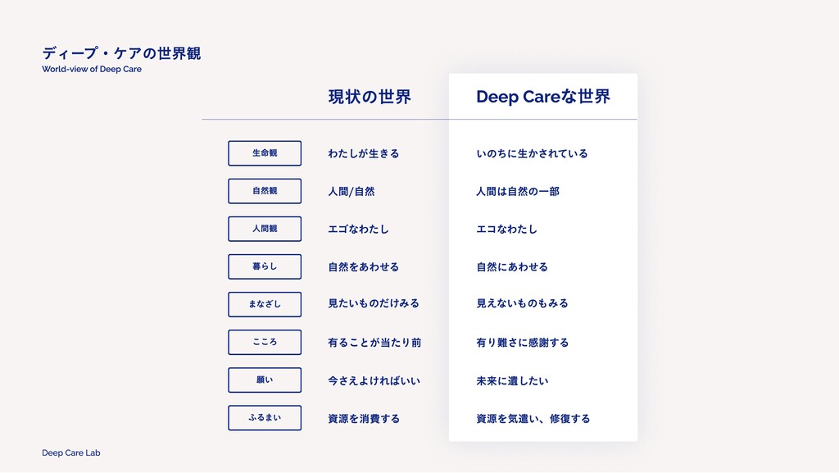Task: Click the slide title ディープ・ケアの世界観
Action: click(x=121, y=53)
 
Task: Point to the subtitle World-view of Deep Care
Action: click(x=92, y=70)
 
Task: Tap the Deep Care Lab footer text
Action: click(x=71, y=453)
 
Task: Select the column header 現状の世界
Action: click(x=369, y=97)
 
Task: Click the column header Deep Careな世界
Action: click(x=542, y=97)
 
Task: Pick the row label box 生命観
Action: click(x=265, y=153)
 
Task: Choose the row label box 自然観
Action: click(x=265, y=191)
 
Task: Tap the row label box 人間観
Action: click(x=265, y=229)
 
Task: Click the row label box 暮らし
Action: click(x=265, y=266)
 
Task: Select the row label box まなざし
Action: click(x=265, y=304)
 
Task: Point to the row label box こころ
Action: click(x=265, y=342)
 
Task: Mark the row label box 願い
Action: click(x=265, y=380)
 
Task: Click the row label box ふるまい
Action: click(x=265, y=418)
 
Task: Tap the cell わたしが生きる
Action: click(x=363, y=153)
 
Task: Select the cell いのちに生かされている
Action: click(x=532, y=153)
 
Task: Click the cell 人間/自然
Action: click(x=351, y=191)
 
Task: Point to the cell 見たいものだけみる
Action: click(x=373, y=303)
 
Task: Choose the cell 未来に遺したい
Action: click(x=512, y=380)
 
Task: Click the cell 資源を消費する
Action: click(x=364, y=418)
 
